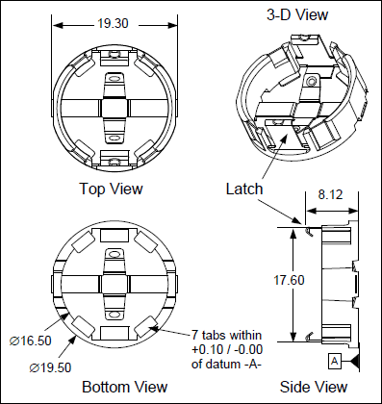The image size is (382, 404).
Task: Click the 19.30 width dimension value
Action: click(x=113, y=23)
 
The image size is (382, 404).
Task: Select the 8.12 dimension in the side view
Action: click(x=330, y=194)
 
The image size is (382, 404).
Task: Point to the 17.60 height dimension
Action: click(x=289, y=280)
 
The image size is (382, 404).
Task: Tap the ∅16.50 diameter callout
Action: click(x=31, y=341)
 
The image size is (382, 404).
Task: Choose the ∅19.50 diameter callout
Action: click(x=50, y=367)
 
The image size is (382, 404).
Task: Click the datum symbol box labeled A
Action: click(x=334, y=362)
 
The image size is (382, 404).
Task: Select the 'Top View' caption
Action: click(x=111, y=189)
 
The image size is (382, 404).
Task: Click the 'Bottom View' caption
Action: click(x=125, y=387)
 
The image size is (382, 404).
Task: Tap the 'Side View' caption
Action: click(x=314, y=387)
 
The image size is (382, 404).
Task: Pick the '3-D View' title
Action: click(x=297, y=14)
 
